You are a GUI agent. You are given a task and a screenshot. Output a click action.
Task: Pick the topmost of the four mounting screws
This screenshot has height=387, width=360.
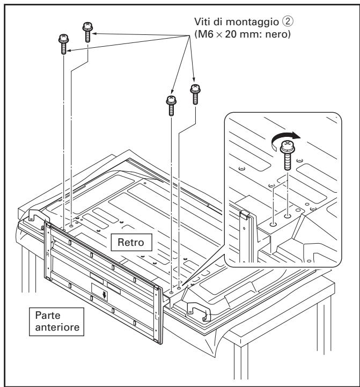tap(87, 32)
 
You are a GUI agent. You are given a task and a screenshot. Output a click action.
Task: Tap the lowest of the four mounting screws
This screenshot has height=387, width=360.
tap(171, 105)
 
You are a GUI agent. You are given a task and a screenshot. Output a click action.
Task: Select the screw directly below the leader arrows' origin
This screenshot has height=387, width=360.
tap(195, 94)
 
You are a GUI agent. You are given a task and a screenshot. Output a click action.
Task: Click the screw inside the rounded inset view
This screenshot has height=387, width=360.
tap(288, 152)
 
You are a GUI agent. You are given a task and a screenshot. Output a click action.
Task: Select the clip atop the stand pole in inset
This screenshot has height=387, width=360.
tap(245, 214)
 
